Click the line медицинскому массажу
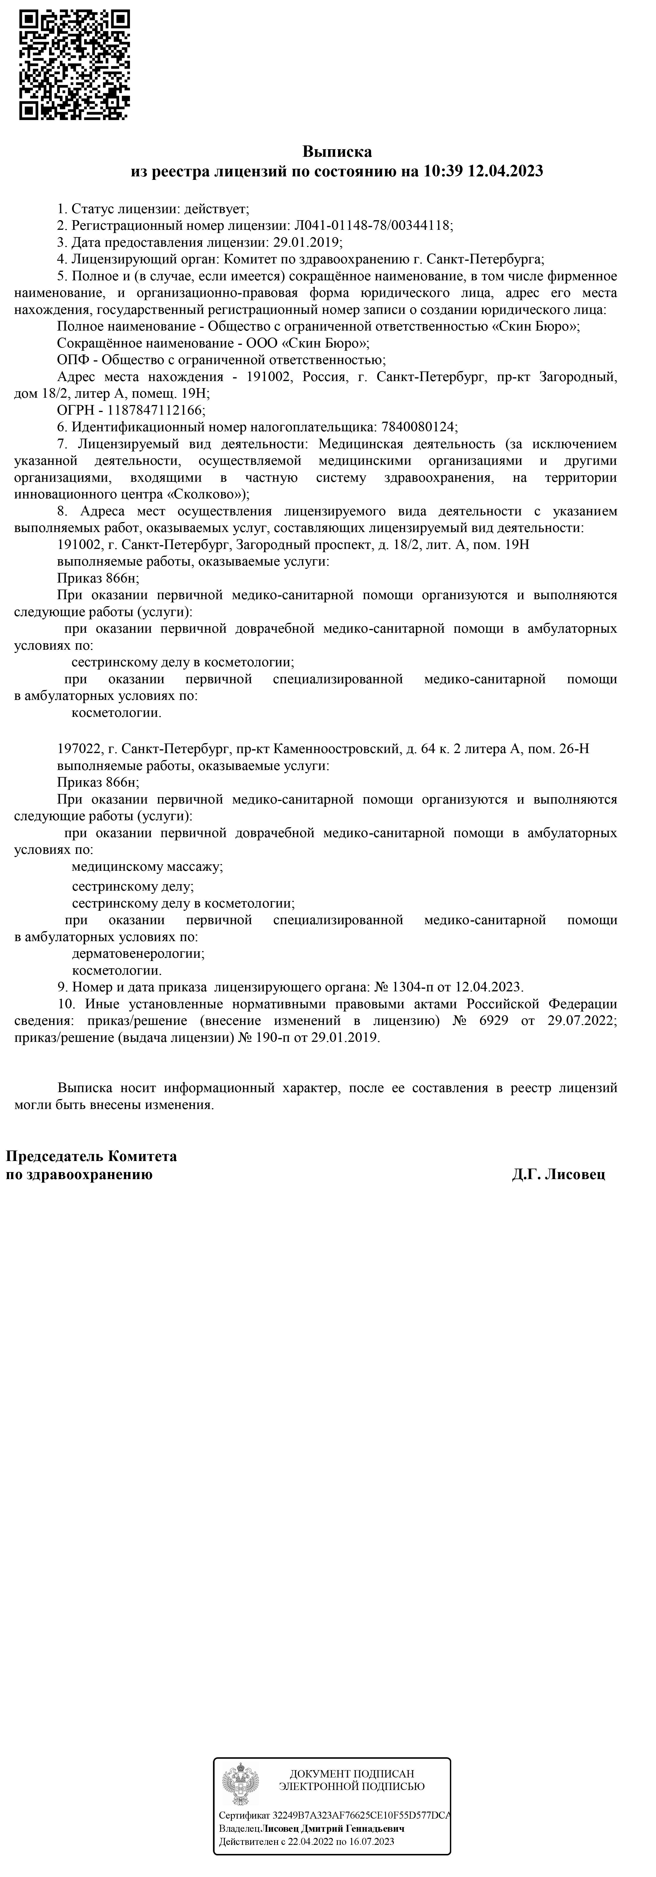click(x=147, y=867)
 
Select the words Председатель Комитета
click(x=91, y=1156)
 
